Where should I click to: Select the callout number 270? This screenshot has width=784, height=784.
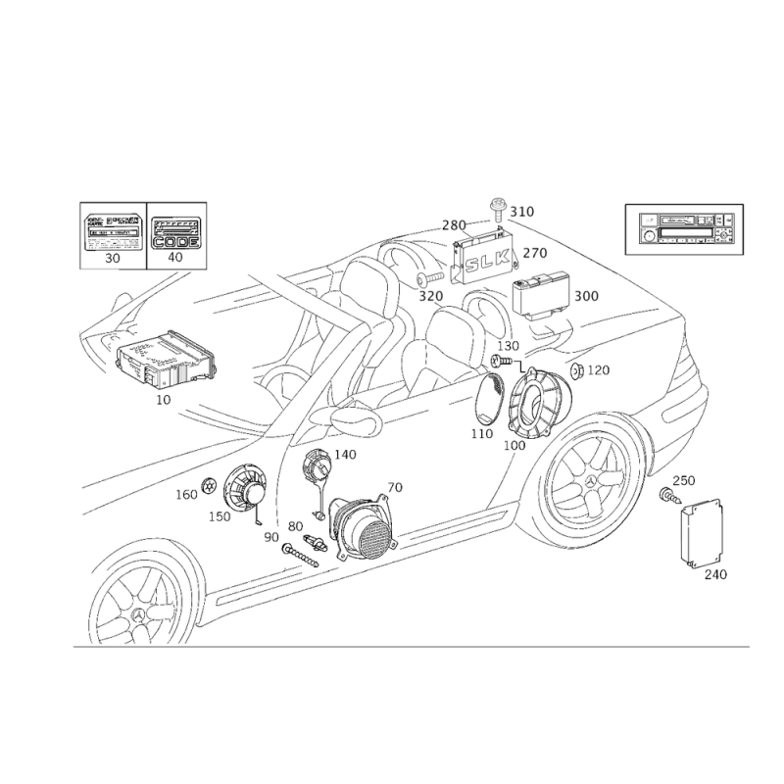click(536, 253)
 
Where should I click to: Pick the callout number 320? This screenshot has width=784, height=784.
click(431, 293)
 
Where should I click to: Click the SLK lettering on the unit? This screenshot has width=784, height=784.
click(487, 260)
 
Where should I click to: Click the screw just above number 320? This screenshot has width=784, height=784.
click(423, 280)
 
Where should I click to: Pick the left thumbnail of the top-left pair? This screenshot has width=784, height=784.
click(115, 234)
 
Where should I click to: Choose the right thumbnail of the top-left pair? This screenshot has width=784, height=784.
click(176, 234)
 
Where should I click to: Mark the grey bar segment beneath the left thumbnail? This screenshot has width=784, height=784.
click(113, 267)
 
